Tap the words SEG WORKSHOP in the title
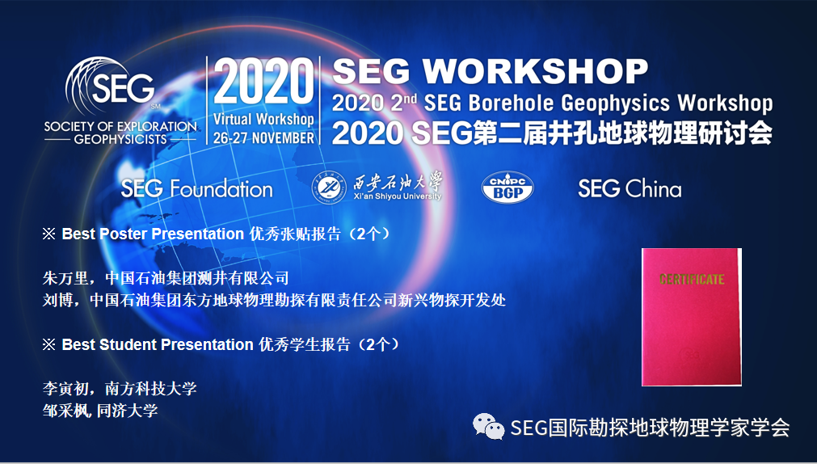tap(490, 71)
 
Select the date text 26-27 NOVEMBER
tap(263, 137)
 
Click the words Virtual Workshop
tap(263, 120)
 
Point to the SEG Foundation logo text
tap(197, 188)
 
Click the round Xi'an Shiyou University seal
tap(329, 188)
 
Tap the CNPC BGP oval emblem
tap(507, 188)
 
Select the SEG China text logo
tap(630, 188)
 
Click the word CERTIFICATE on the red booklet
tap(692, 279)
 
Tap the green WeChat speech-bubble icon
tap(488, 427)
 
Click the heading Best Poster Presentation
tap(154, 234)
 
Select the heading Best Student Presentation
tap(158, 344)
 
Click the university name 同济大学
tap(127, 411)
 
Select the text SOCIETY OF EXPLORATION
tap(120, 126)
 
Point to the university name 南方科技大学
tap(151, 388)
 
